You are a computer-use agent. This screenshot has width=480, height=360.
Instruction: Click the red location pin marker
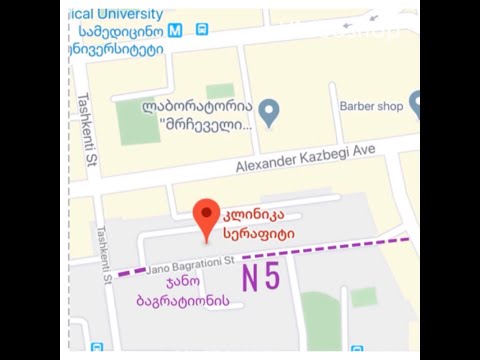206,215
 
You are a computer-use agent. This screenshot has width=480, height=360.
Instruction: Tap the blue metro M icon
176,30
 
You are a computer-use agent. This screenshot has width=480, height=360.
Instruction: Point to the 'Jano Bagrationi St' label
189,266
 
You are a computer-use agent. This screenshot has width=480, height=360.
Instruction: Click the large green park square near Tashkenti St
138,121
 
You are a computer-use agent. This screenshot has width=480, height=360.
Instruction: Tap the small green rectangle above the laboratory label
220,90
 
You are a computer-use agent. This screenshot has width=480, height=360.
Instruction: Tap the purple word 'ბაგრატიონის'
186,300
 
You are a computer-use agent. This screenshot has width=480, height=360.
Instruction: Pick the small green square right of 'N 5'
364,296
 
